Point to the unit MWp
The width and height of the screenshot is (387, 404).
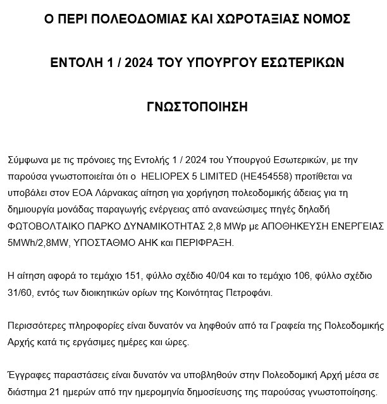pyautogui.click(x=218, y=226)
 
